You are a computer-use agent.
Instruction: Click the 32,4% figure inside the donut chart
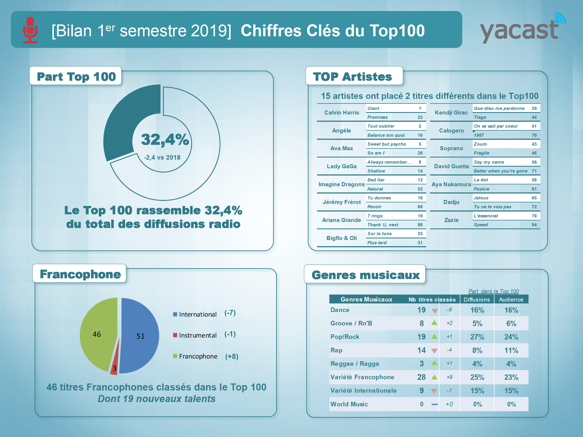(165, 140)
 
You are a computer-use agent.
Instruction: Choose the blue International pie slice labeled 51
(140, 336)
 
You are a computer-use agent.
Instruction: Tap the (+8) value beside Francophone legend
(232, 357)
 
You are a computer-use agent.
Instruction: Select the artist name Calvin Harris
(341, 113)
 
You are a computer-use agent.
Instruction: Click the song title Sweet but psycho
(387, 144)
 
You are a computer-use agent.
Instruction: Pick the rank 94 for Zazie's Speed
(534, 225)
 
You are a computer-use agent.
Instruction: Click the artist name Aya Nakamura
(451, 184)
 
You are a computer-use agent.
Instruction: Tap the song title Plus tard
(377, 243)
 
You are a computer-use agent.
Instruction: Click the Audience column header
(511, 299)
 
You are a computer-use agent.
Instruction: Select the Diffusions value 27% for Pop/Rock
(477, 337)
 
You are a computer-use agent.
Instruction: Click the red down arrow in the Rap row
(434, 351)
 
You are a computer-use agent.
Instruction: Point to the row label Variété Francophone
(362, 377)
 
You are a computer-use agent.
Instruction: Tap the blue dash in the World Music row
(435, 404)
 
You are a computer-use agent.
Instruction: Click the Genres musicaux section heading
(365, 275)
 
